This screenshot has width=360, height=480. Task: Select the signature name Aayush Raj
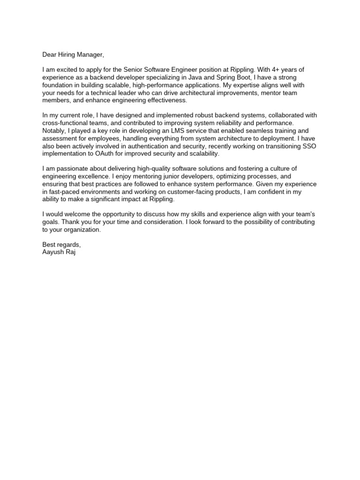pyautogui.click(x=59, y=252)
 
